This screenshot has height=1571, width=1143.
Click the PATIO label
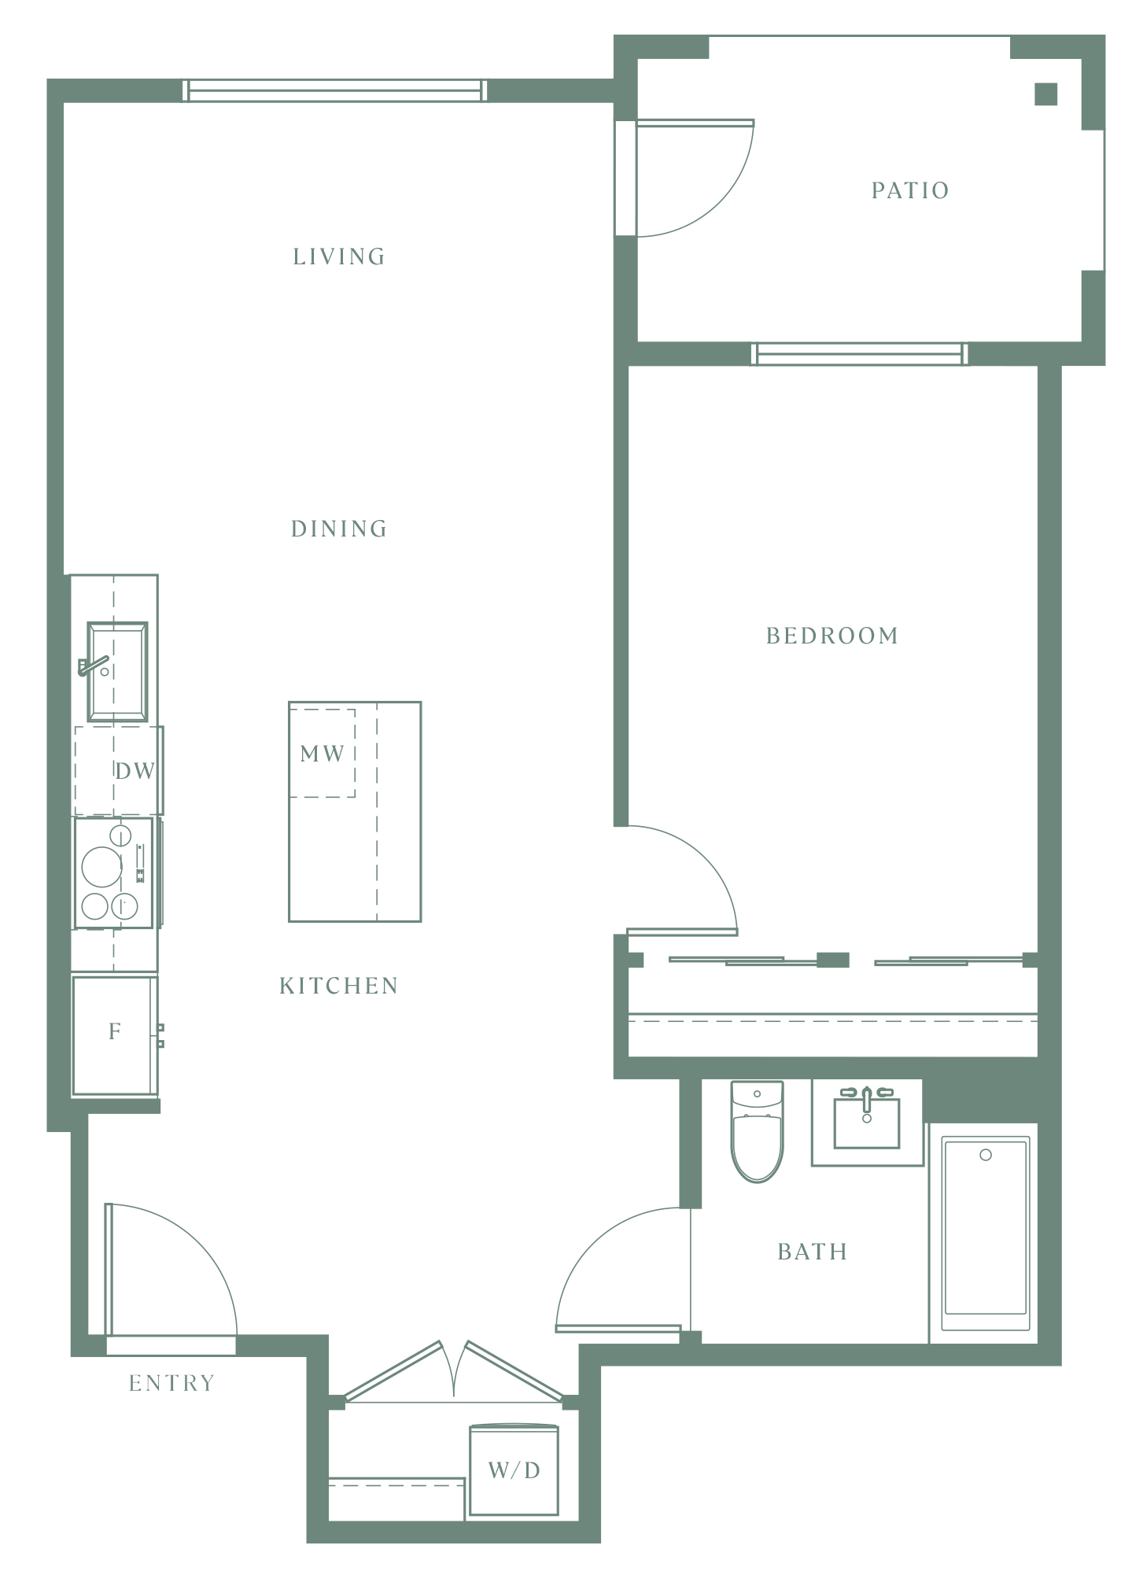click(x=910, y=190)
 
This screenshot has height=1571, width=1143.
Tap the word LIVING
click(x=339, y=256)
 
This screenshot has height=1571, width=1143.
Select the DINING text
click(x=339, y=529)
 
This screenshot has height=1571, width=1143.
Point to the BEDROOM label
click(x=832, y=636)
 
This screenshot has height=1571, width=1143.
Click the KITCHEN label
click(x=339, y=986)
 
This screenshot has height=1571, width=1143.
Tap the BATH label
click(x=813, y=1252)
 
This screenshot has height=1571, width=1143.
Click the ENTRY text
click(x=171, y=1383)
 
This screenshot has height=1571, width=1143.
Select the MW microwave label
click(x=323, y=754)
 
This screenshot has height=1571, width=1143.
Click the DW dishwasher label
click(x=135, y=771)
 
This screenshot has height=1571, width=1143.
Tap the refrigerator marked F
click(x=115, y=1035)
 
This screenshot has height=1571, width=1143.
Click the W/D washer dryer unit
click(x=514, y=1470)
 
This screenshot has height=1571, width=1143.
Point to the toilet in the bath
click(x=757, y=1131)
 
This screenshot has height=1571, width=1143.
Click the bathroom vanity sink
click(x=867, y=1121)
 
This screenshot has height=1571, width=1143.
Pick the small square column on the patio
click(x=1046, y=94)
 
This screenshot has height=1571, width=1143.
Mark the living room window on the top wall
click(x=335, y=90)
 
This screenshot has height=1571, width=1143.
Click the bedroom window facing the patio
click(x=860, y=354)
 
